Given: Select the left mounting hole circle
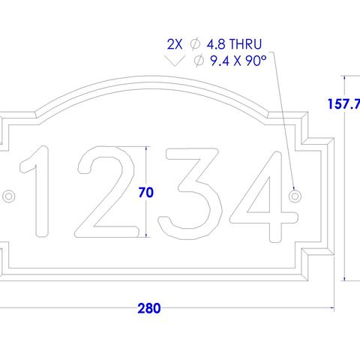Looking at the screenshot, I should click(9, 196).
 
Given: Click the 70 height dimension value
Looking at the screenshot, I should click(146, 193).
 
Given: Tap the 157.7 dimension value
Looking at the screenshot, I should click(344, 105).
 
